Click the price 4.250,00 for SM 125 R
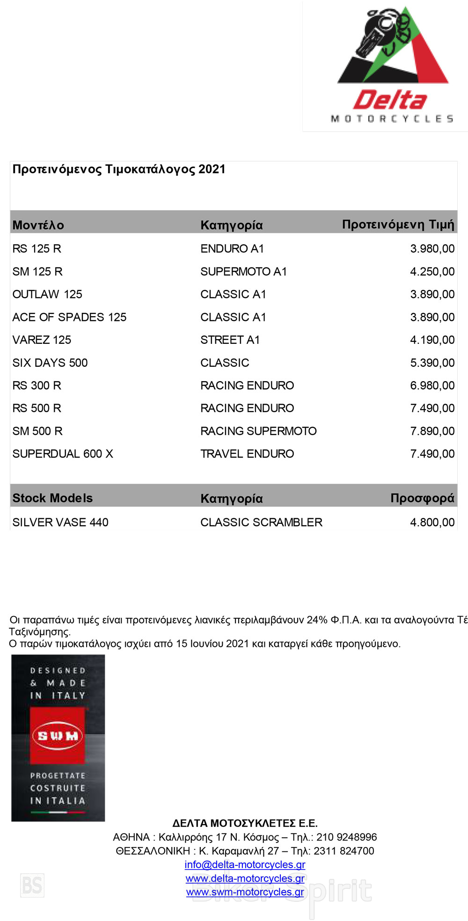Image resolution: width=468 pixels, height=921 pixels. coord(432,272)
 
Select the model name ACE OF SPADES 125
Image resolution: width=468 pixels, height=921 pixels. coord(69,317)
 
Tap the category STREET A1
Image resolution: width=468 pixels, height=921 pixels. coord(230,340)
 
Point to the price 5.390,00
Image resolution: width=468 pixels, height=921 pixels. coord(432,363)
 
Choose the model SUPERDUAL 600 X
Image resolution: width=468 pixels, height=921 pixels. coord(63,454)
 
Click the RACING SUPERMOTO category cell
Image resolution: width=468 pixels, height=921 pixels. coord(258,431)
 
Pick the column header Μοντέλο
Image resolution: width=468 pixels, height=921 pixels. coord(38,225)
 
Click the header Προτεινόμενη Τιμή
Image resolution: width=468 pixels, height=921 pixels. coord(398,225)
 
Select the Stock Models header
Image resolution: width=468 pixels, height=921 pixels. coord(52,498)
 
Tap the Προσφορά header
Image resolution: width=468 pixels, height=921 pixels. coord(422,498)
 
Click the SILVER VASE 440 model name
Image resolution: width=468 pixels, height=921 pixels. coord(60,522)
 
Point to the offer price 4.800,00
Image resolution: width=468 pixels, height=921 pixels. coord(432,522)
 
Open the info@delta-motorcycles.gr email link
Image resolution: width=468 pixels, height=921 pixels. coord(245,865)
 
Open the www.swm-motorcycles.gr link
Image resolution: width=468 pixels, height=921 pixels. coord(245,892)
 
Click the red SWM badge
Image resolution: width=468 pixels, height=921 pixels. coord(58,736)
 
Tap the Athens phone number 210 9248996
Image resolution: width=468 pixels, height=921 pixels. coord(346,837)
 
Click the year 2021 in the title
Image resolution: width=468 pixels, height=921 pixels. coord(212,169)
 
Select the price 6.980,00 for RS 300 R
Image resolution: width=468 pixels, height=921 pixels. coord(432,386)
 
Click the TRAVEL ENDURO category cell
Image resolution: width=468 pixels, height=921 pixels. coord(247,454)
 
